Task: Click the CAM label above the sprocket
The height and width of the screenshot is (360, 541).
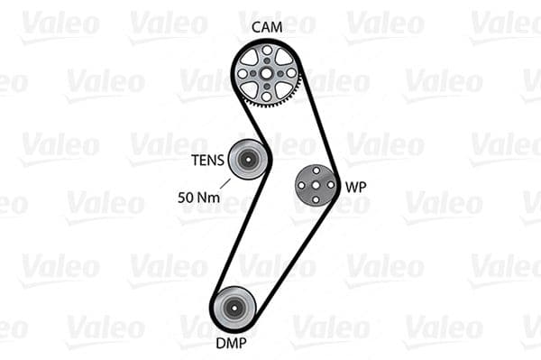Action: coord(267,28)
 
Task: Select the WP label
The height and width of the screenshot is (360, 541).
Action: coord(356,188)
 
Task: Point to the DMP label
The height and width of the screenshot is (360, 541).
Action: coord(232,343)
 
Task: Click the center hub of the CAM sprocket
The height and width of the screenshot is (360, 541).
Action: coord(267,72)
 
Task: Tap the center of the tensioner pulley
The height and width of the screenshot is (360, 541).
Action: coord(246,161)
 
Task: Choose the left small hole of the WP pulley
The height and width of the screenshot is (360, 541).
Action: coord(303,185)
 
